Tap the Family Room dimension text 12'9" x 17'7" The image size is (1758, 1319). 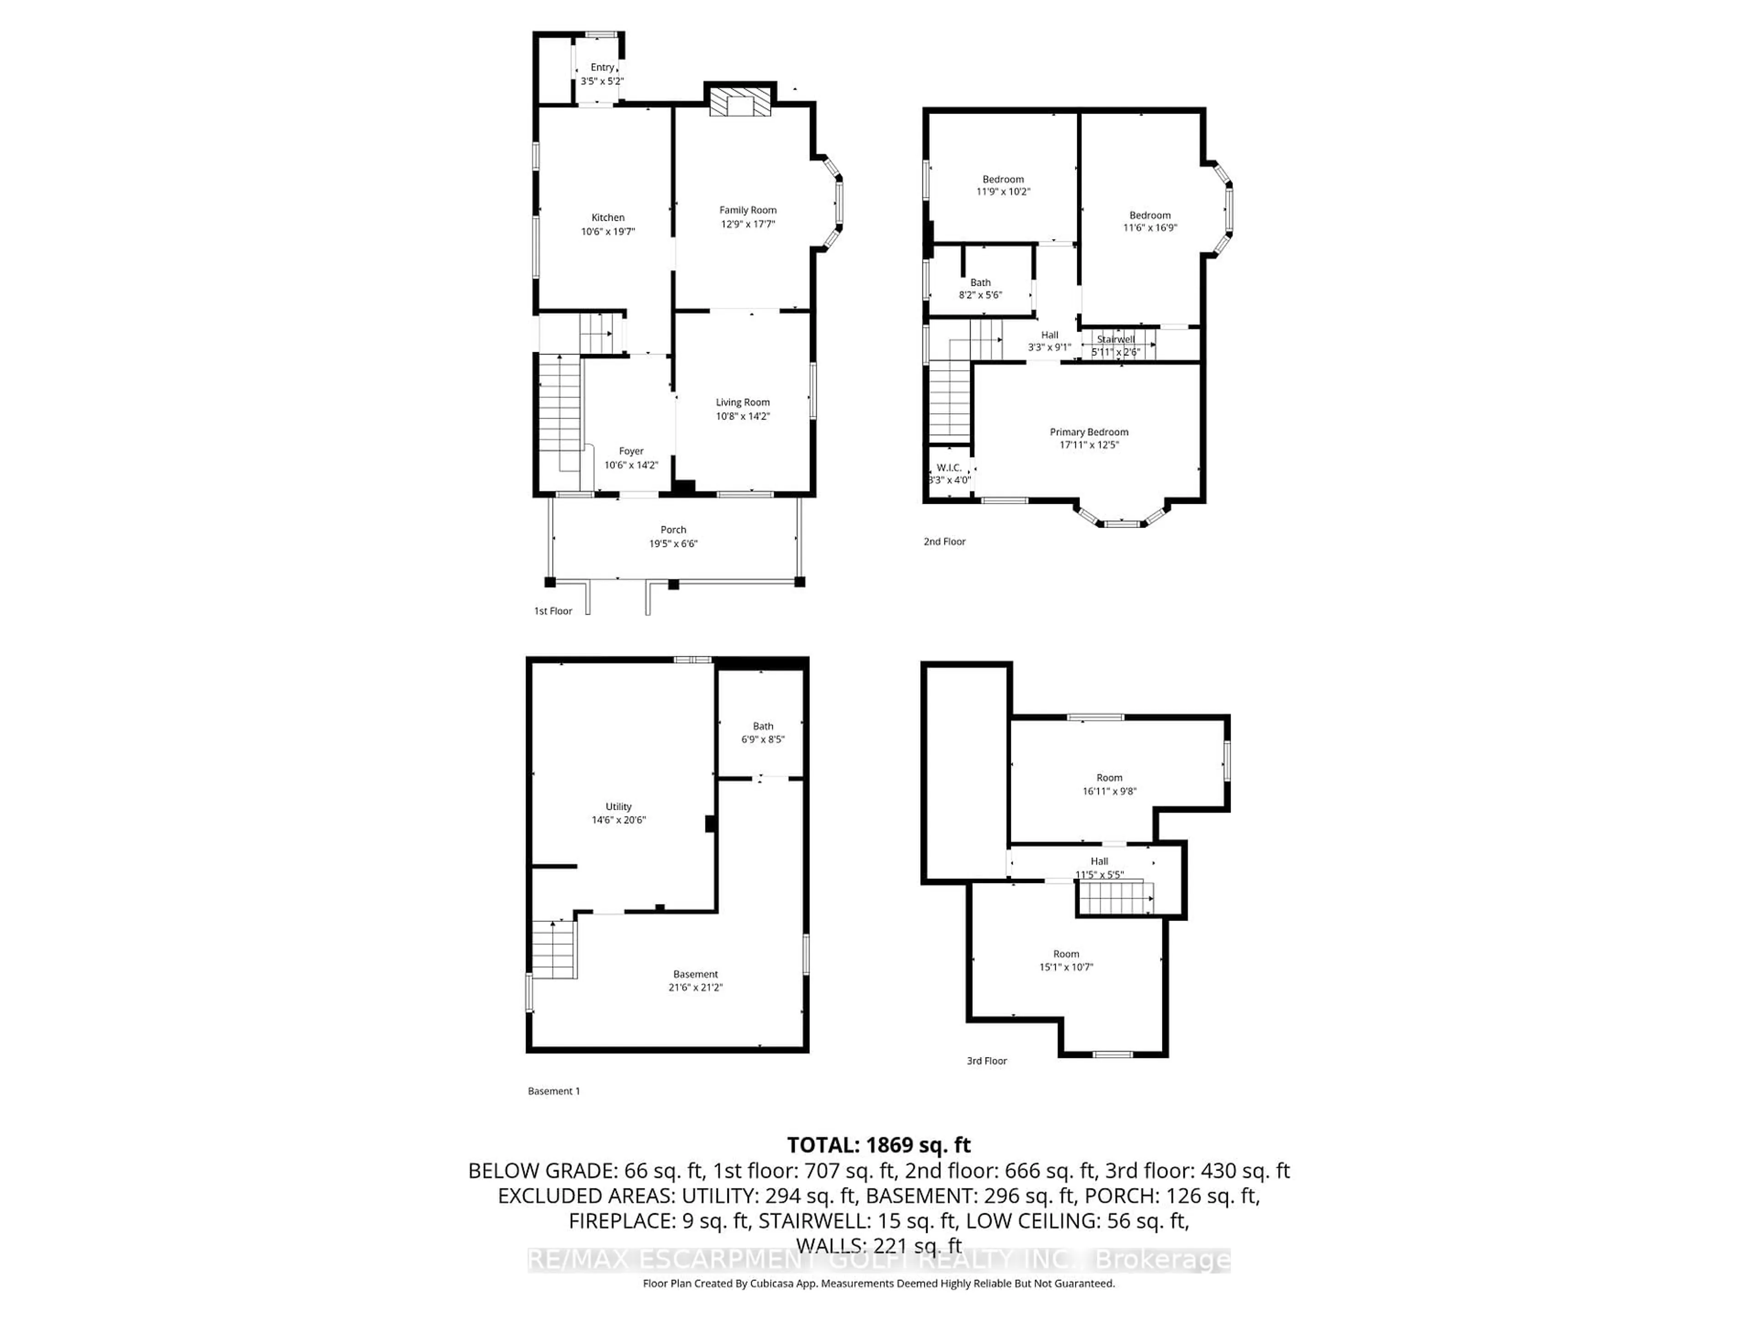(748, 224)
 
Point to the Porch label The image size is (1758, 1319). (673, 529)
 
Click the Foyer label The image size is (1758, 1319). (631, 451)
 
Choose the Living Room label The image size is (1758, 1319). (742, 402)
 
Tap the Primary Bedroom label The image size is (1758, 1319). (1089, 432)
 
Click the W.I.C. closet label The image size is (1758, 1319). (949, 468)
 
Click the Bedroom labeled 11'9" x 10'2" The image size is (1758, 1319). (1003, 185)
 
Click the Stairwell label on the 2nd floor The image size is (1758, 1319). (1116, 339)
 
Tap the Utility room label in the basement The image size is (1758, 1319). (619, 806)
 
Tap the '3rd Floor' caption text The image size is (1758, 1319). (986, 1061)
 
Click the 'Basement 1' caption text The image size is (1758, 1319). (554, 1091)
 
